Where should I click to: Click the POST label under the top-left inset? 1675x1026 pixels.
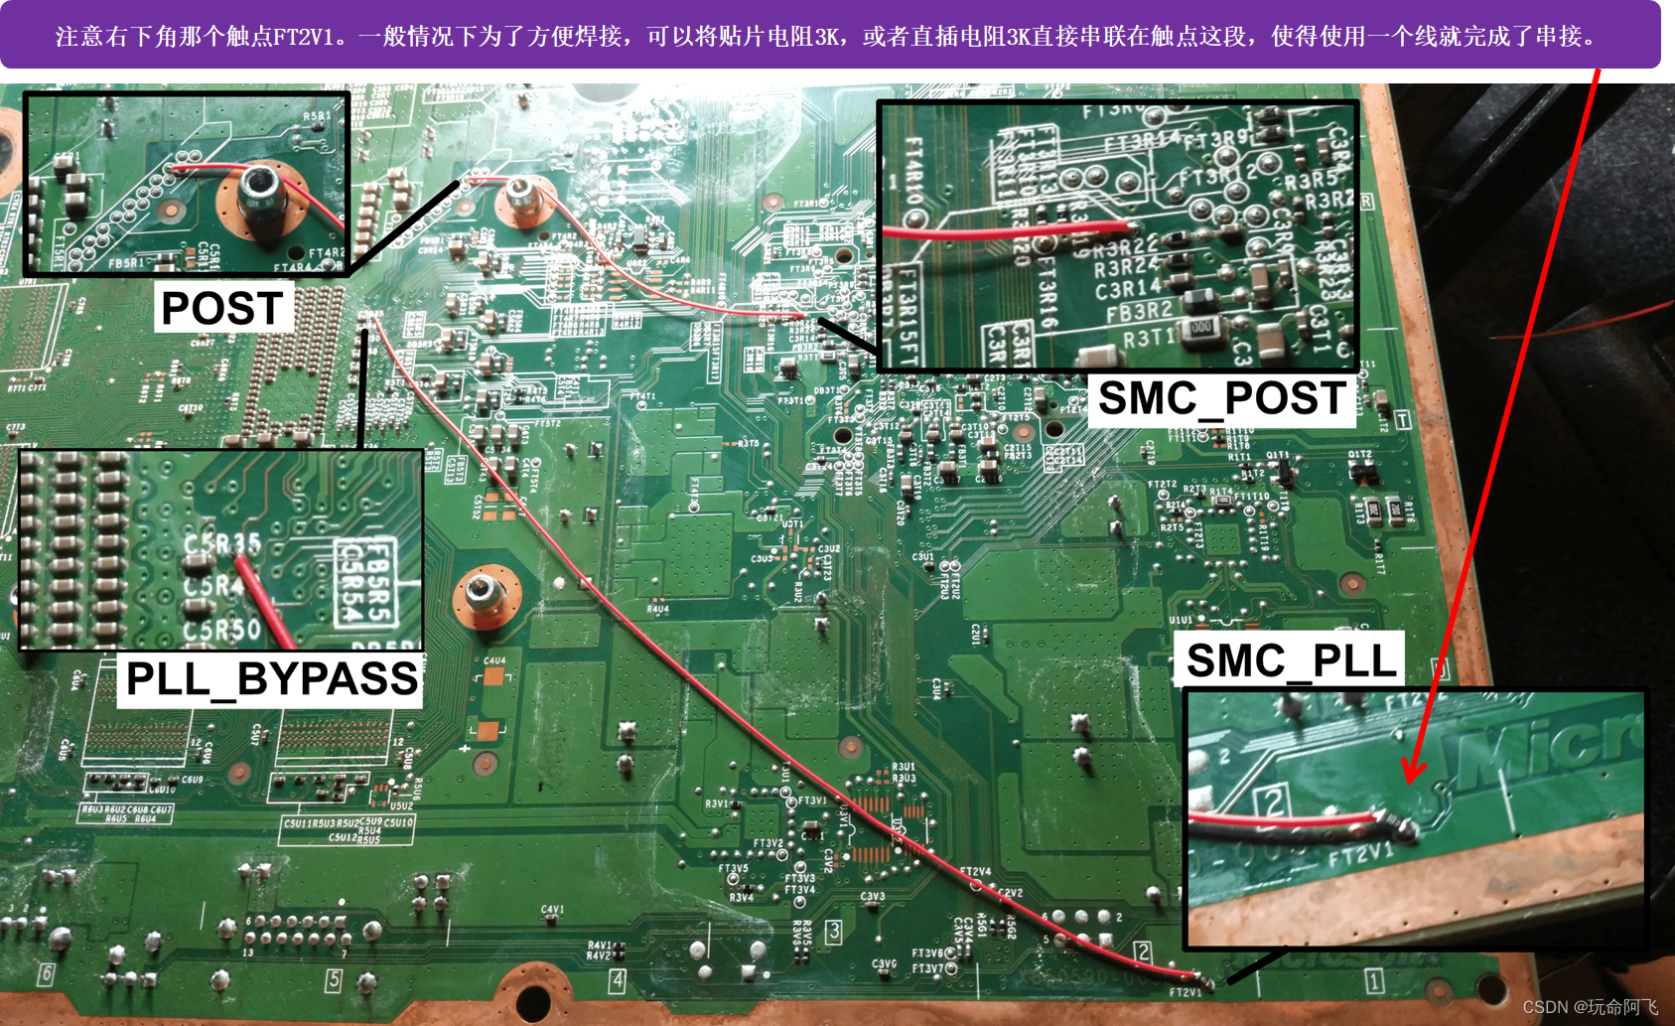click(x=222, y=308)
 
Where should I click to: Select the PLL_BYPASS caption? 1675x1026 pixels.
click(x=271, y=679)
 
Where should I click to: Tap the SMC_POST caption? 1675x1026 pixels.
click(x=1221, y=399)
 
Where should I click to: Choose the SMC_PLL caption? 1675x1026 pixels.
click(x=1291, y=660)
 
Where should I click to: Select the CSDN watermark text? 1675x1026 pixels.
click(x=1590, y=1007)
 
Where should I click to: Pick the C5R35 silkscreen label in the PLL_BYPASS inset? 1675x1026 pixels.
click(x=222, y=543)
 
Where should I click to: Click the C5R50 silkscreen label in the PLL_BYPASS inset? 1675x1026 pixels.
click(x=221, y=630)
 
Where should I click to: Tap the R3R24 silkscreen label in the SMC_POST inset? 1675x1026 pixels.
click(x=1125, y=266)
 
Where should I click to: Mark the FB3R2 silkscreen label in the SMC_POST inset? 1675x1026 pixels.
click(x=1139, y=313)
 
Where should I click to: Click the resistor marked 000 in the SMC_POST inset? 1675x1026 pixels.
click(x=1201, y=327)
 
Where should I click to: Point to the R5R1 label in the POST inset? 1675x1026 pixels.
click(x=317, y=117)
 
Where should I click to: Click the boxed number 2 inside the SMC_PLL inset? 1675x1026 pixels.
click(x=1272, y=800)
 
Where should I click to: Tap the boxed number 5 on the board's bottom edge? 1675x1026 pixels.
click(x=334, y=980)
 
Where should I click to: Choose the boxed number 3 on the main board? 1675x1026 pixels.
click(x=834, y=932)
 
